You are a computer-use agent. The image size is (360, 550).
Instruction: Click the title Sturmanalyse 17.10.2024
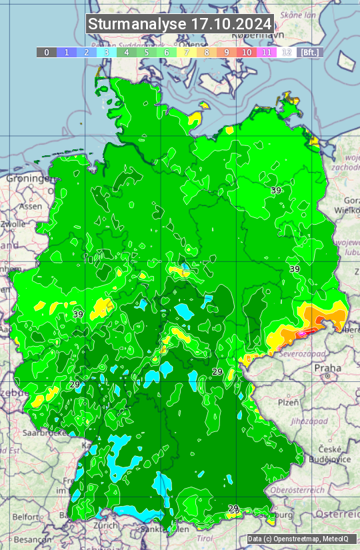(180, 25)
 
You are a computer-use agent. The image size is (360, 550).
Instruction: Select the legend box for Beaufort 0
(47, 52)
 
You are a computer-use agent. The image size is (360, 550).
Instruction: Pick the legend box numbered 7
(187, 52)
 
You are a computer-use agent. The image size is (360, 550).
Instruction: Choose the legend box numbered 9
(227, 52)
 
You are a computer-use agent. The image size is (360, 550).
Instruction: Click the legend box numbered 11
(267, 52)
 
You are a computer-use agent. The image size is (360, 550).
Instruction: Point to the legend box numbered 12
(287, 52)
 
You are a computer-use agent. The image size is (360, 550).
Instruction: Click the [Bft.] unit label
(310, 52)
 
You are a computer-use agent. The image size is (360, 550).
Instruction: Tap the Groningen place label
(29, 179)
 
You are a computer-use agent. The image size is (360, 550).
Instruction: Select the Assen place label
(31, 207)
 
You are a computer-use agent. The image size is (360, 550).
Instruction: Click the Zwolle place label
(13, 224)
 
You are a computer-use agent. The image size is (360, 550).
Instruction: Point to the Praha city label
(328, 367)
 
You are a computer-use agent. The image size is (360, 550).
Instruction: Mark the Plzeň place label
(287, 402)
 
